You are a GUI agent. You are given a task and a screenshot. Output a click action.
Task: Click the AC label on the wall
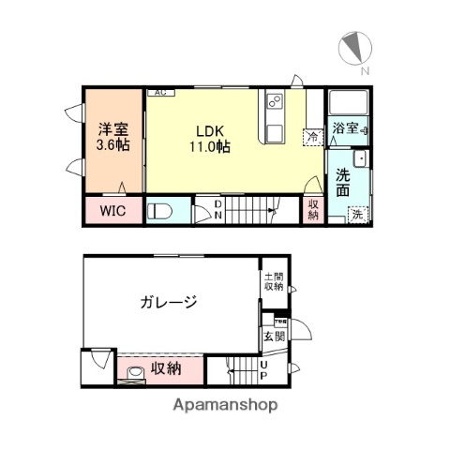point(159,92)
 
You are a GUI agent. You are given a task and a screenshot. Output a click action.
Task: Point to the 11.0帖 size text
point(213,147)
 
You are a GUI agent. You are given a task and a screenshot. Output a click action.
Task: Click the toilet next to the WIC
point(160,211)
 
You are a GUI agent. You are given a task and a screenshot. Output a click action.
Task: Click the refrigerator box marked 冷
point(312,138)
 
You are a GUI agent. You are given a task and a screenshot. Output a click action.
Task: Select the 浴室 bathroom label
point(344,128)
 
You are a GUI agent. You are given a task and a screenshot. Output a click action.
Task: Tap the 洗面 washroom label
point(343,183)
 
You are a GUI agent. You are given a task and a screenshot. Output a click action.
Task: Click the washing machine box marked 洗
point(357,215)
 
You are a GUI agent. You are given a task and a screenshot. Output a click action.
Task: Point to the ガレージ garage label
point(169,302)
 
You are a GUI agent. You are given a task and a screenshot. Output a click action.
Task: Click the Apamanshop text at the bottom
point(225,406)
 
